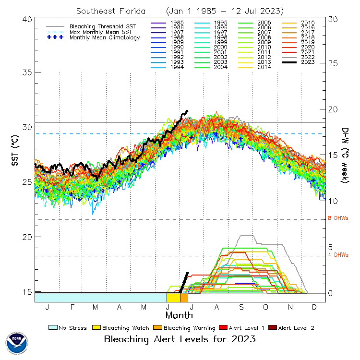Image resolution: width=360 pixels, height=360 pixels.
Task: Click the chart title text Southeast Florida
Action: [111, 11]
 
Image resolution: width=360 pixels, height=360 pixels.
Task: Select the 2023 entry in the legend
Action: [308, 62]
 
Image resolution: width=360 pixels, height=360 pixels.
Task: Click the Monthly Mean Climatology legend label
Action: [105, 37]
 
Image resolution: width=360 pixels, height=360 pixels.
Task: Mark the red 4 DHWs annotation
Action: [337, 255]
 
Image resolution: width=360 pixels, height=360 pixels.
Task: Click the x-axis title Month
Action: [179, 315]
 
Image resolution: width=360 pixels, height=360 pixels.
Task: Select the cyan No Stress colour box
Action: [53, 328]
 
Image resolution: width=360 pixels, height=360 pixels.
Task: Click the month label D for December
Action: [313, 307]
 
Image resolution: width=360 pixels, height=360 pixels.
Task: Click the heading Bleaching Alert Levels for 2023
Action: [180, 339]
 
